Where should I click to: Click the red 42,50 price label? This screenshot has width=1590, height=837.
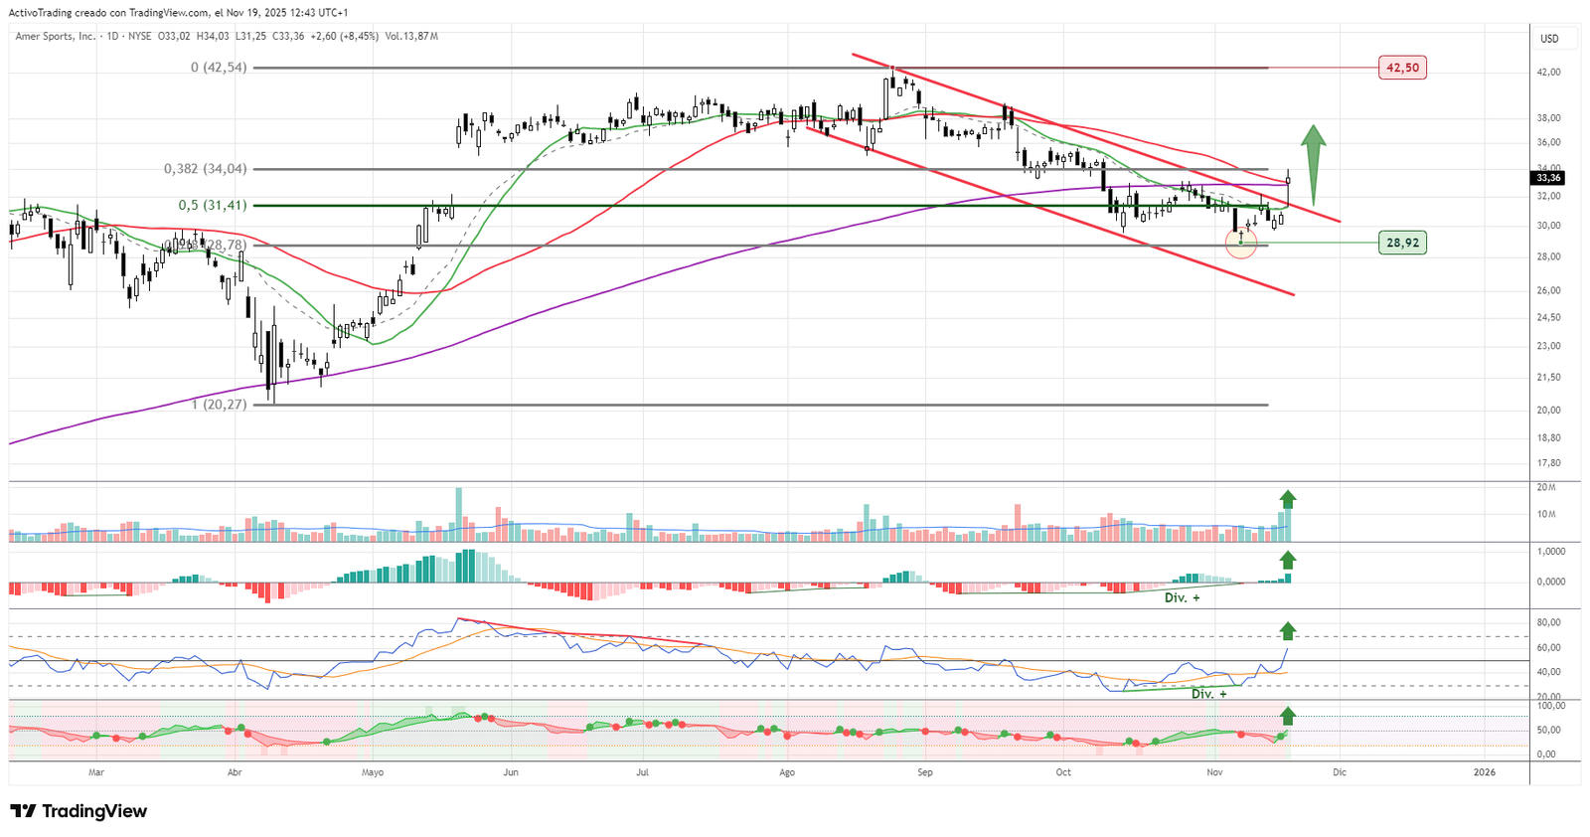[x=1402, y=68]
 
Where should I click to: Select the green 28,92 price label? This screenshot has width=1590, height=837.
[x=1402, y=243]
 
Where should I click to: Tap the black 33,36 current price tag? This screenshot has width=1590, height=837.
[x=1548, y=178]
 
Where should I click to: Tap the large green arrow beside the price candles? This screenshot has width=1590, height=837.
[x=1314, y=164]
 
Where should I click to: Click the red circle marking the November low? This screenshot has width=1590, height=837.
[x=1241, y=243]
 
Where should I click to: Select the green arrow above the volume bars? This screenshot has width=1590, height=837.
[x=1288, y=499]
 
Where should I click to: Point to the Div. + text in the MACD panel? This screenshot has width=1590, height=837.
[x=1182, y=598]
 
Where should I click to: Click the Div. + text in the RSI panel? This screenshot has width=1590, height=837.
[x=1208, y=694]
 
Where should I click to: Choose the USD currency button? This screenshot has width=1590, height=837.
[x=1549, y=39]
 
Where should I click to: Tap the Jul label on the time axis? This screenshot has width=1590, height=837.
[x=643, y=772]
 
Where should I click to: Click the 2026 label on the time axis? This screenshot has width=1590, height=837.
[x=1484, y=772]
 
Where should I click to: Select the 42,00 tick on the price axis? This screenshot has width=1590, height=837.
[x=1548, y=73]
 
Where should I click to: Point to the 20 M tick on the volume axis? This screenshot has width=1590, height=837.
[x=1546, y=487]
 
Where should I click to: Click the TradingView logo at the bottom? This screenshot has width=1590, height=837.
[x=79, y=811]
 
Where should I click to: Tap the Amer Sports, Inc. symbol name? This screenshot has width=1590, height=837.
[x=56, y=37]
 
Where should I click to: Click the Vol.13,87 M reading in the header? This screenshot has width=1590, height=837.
[x=411, y=37]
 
